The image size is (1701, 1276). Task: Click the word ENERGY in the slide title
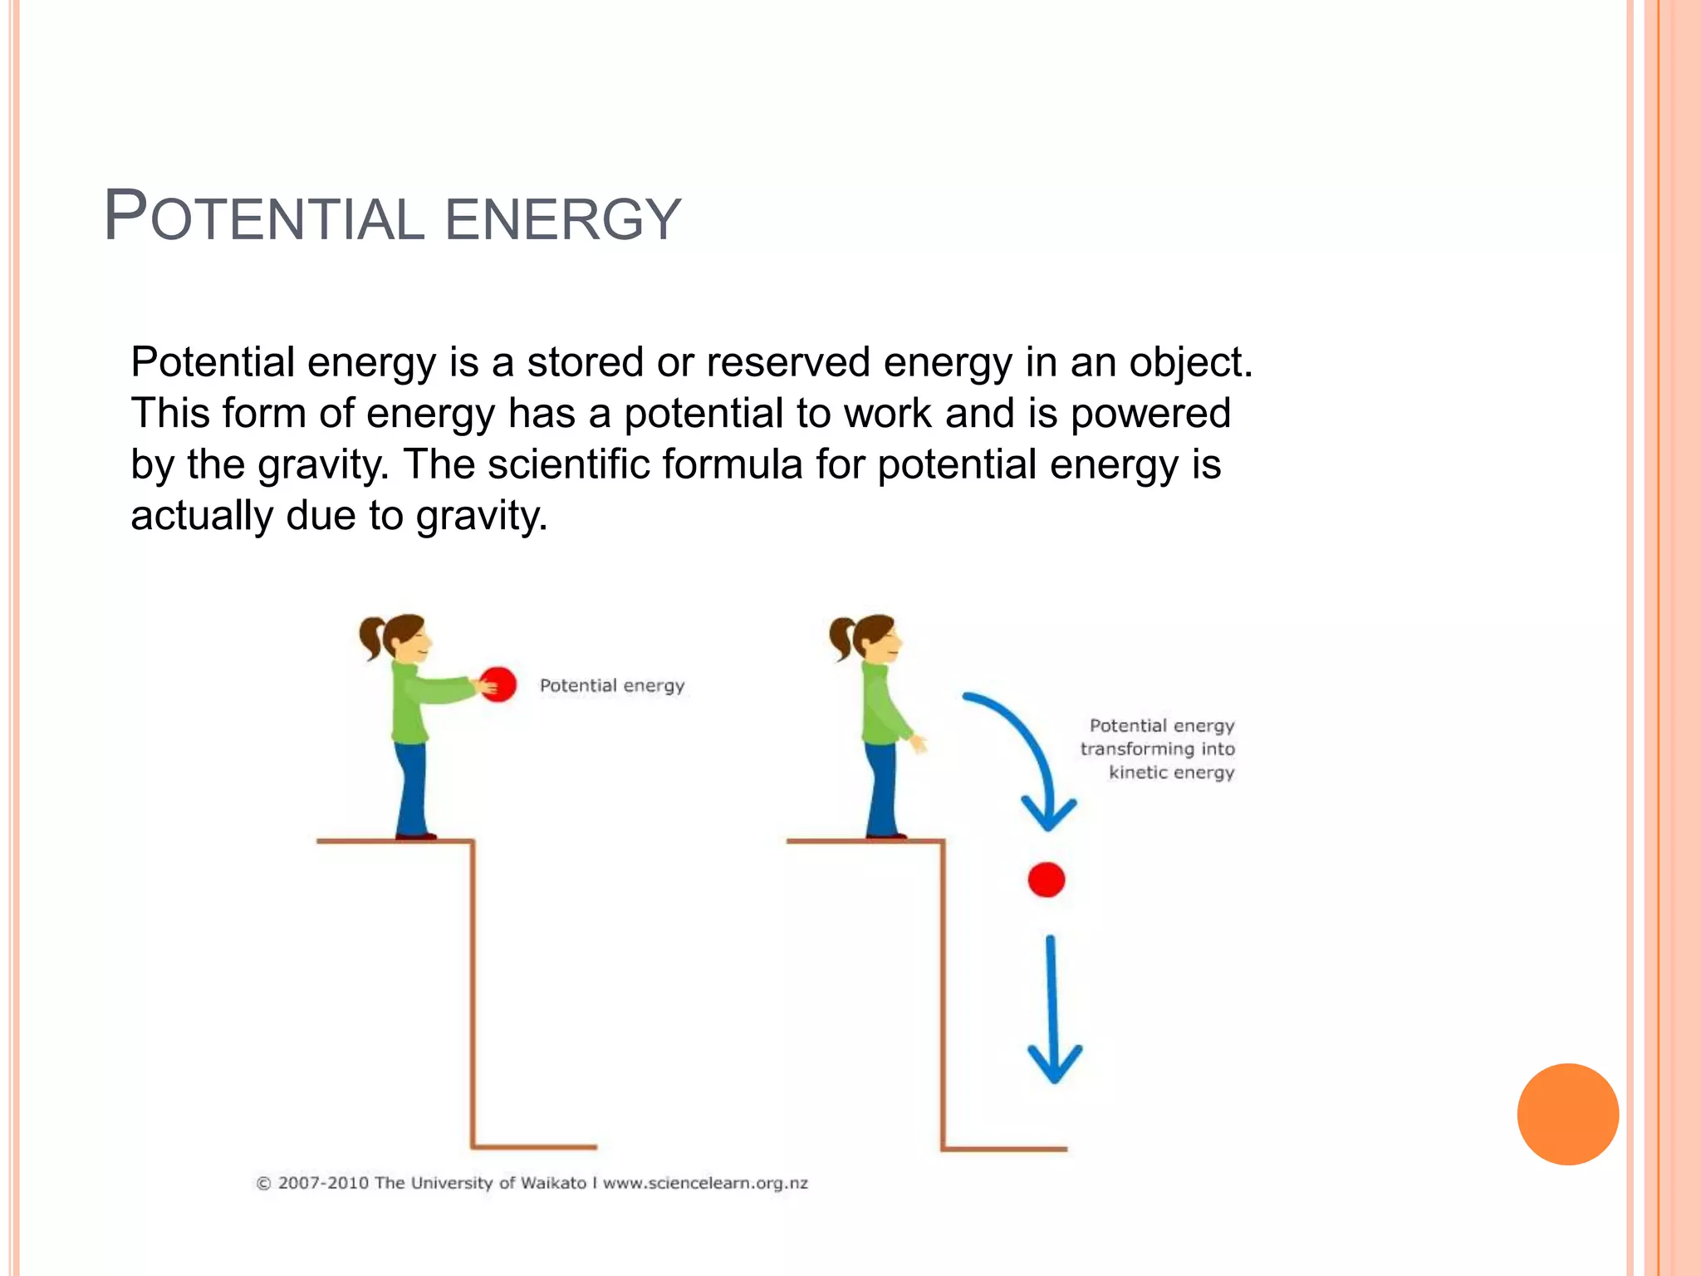[x=563, y=219]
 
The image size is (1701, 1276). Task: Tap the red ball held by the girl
[x=498, y=685]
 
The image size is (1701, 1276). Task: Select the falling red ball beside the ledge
[x=1046, y=880]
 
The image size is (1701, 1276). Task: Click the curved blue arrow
[x=1022, y=748]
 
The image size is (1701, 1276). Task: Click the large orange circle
[x=1567, y=1114]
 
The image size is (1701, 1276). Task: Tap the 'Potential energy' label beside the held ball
[x=612, y=685]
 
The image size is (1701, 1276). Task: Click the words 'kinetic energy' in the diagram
[x=1171, y=773]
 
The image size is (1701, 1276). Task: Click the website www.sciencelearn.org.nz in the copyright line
[x=705, y=1183]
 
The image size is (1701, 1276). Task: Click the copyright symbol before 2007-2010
[x=263, y=1184]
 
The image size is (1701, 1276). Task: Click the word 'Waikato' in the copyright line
[x=553, y=1183]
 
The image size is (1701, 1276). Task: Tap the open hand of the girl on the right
[x=917, y=742]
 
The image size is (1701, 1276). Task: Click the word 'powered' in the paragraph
[x=1150, y=414]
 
